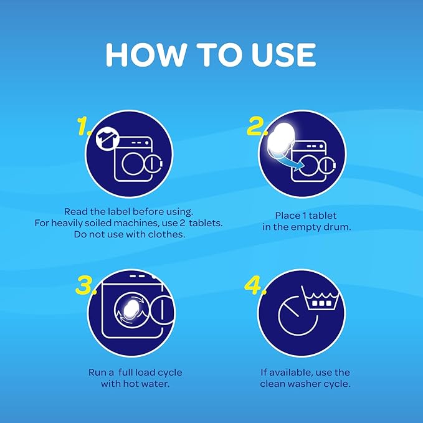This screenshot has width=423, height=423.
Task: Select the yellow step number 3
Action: click(86, 285)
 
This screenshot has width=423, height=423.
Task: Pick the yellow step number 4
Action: click(255, 285)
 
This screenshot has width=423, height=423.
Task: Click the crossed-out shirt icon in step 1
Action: click(108, 139)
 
